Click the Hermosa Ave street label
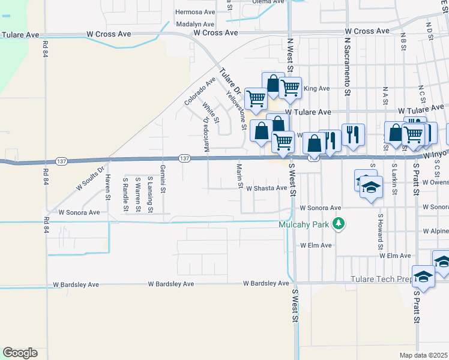tap(195, 12)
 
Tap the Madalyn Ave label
tap(195, 24)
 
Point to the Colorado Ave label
tap(200, 91)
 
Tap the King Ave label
tap(317, 89)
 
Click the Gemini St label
tap(163, 179)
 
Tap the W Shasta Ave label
tap(267, 188)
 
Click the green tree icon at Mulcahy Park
tap(339, 224)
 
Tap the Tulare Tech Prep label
tap(379, 280)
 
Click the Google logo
tap(20, 353)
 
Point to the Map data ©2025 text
tap(423, 355)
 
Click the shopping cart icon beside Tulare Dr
tap(256, 97)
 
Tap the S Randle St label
tap(125, 194)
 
